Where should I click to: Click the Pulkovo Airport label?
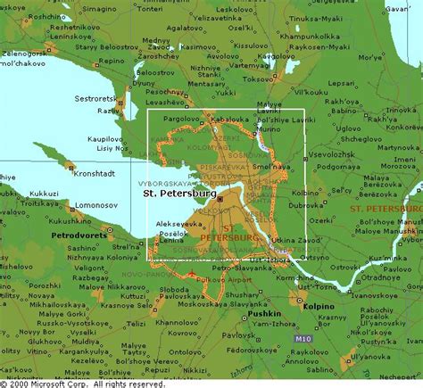coord(211,278)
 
